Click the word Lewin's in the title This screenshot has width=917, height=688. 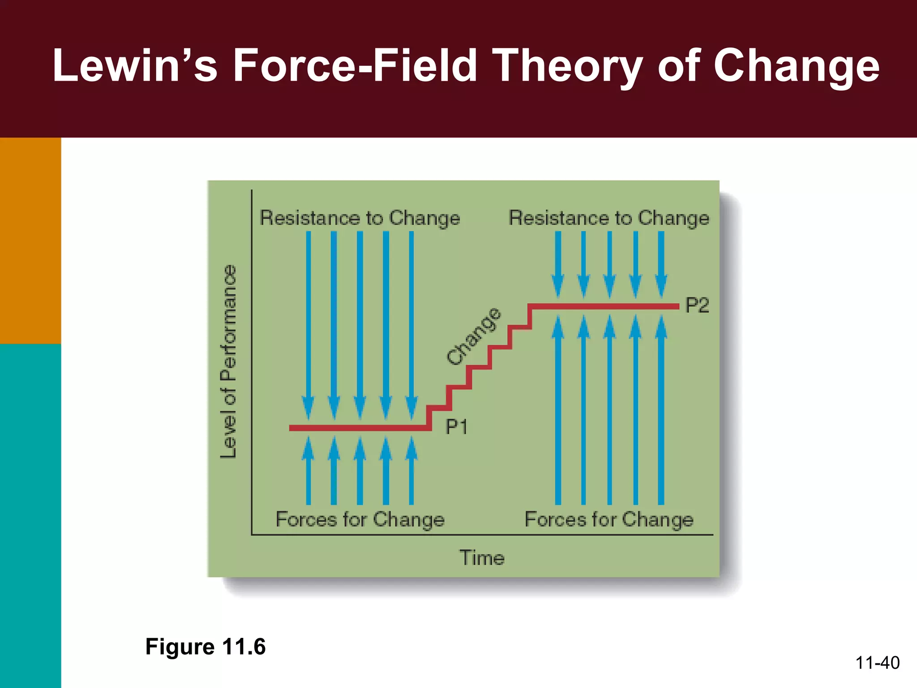[x=135, y=66]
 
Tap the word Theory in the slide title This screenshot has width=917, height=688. [x=568, y=66]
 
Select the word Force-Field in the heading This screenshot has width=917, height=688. [x=355, y=66]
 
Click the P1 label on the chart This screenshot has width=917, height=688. [x=456, y=427]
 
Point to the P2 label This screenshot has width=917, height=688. [x=697, y=305]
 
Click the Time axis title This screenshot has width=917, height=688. [x=482, y=558]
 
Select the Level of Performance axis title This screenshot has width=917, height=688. [x=228, y=361]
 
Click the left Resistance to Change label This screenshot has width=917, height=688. [x=360, y=218]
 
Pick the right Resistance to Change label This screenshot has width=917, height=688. [x=609, y=218]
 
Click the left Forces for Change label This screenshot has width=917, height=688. [x=360, y=520]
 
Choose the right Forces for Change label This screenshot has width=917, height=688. [x=609, y=520]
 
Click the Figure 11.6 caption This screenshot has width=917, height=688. [x=206, y=647]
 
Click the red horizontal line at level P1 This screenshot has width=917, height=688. [x=358, y=428]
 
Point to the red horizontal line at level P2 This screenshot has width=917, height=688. [x=604, y=306]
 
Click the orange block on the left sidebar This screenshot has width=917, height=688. [x=30, y=240]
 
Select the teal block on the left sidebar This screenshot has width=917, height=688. [x=30, y=515]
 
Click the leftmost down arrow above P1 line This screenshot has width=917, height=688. [x=308, y=322]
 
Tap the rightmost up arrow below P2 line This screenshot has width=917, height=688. [x=661, y=412]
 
